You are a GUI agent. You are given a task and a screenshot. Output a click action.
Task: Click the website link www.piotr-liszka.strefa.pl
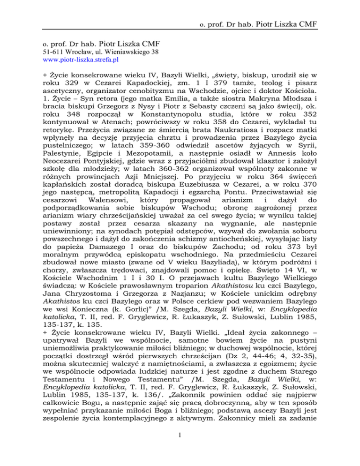coord(80,60)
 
